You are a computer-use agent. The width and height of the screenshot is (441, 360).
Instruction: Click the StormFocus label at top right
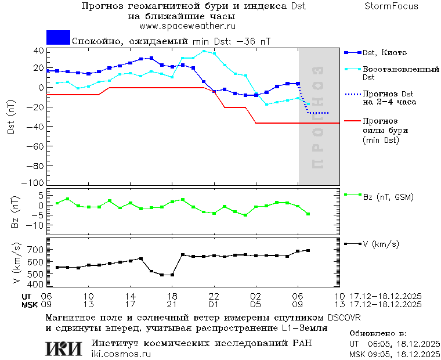(391, 6)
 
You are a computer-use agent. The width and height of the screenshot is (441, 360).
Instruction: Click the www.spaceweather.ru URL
(187, 26)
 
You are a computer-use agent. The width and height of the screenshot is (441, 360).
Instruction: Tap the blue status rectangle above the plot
(58, 37)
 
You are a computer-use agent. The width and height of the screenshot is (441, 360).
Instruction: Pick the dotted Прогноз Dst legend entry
(388, 98)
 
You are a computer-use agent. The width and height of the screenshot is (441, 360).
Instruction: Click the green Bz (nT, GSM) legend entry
(388, 197)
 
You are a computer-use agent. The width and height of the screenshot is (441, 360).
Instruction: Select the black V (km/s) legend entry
(381, 244)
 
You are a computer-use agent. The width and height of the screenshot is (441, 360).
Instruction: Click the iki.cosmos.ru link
(121, 354)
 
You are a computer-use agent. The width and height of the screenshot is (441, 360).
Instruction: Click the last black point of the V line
(308, 250)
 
